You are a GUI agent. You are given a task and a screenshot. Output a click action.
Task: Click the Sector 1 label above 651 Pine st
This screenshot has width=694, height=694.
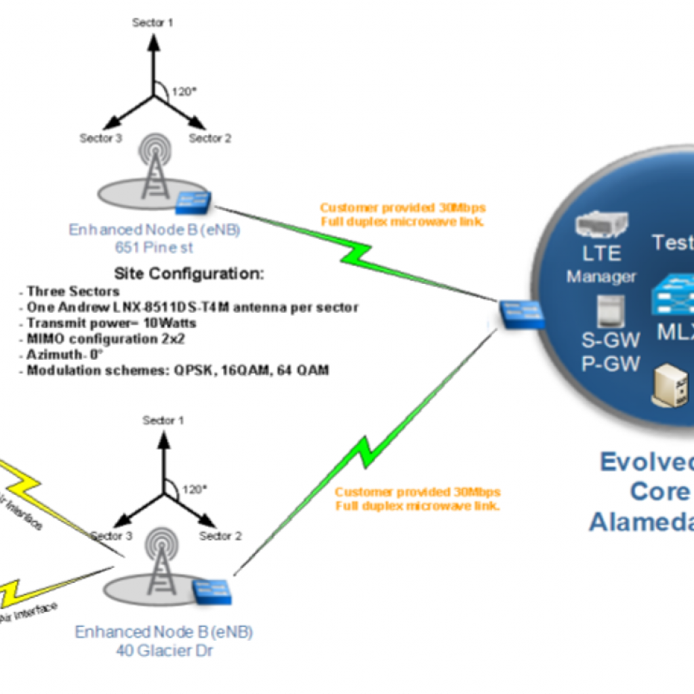click(152, 22)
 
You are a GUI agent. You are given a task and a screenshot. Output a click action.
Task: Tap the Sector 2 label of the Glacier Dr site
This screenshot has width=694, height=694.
click(220, 536)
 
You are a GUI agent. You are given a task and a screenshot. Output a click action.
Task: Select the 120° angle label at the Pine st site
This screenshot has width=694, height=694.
click(180, 91)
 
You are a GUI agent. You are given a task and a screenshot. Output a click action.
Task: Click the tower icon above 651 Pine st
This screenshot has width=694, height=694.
click(157, 166)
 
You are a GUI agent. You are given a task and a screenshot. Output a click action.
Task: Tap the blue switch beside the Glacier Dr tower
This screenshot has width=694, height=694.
click(212, 591)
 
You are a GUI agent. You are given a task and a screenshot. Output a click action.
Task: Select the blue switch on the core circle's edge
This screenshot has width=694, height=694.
click(523, 314)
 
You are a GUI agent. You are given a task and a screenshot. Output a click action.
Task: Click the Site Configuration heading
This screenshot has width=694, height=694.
click(188, 274)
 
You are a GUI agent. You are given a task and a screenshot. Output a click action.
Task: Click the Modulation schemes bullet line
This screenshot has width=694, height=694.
click(178, 371)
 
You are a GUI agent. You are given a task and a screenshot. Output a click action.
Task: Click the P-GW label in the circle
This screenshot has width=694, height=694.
click(611, 364)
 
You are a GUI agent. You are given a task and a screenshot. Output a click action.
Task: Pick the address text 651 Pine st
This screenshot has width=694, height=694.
click(154, 247)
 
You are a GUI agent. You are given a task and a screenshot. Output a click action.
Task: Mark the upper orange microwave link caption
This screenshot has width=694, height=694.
click(403, 215)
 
